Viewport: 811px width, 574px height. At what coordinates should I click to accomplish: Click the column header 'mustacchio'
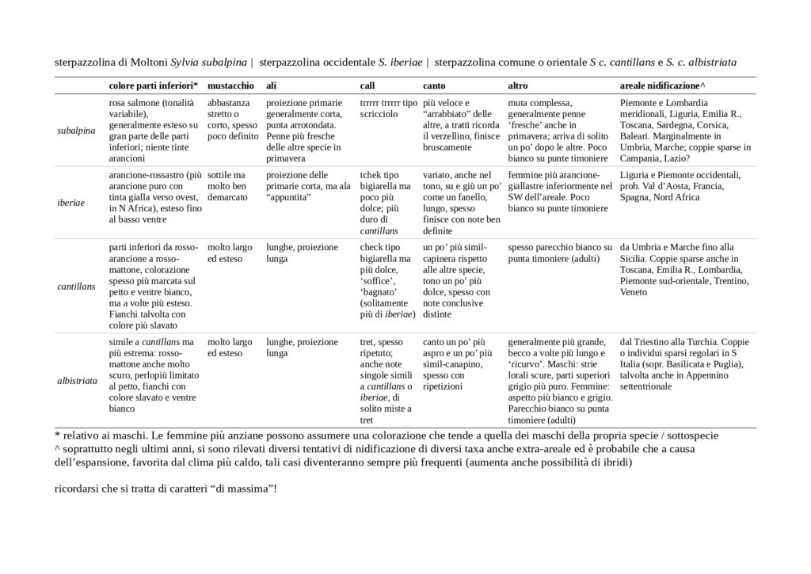(230, 85)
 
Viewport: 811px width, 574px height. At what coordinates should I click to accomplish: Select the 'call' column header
(367, 85)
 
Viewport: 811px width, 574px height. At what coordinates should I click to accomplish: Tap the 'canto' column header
(433, 85)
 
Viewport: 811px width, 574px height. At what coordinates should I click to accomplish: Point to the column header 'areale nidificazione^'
(661, 85)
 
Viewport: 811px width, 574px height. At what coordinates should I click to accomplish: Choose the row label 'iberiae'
(72, 203)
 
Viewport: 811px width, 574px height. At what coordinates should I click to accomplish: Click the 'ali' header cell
(271, 85)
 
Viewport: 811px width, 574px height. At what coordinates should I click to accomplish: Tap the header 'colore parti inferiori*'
(153, 85)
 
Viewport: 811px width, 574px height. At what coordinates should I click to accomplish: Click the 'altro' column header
(518, 85)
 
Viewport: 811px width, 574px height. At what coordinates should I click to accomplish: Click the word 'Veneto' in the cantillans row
(634, 291)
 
